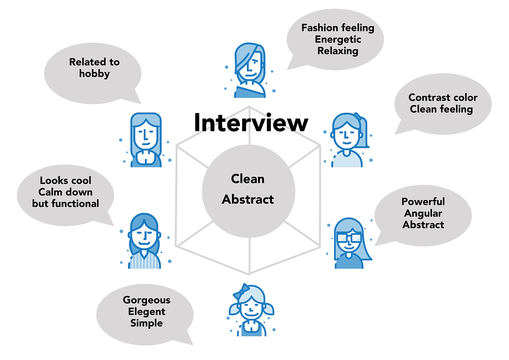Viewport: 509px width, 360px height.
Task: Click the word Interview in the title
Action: coord(251,123)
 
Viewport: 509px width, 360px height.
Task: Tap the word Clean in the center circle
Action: coord(248,179)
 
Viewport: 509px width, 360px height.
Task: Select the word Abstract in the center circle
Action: coord(248,199)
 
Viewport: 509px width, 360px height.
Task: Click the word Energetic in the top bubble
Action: coord(338,39)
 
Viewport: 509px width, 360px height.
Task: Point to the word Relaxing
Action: coord(338,51)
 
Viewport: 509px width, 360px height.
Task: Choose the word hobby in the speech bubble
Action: coord(94,74)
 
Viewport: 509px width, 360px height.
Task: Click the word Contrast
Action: coord(426,97)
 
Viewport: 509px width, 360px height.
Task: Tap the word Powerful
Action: coord(423,201)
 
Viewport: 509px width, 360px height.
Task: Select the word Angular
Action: coord(423,213)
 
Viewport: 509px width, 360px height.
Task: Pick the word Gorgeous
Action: coord(147,300)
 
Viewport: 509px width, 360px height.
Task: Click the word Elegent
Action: coord(147,312)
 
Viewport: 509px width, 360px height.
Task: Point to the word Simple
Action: coord(147,323)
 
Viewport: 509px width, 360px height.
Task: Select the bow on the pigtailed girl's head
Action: coord(241,291)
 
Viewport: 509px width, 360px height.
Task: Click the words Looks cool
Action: coord(65,181)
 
